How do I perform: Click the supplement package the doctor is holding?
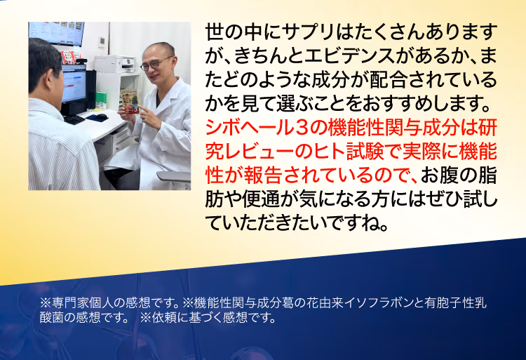130,101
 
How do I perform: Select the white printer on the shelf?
115,64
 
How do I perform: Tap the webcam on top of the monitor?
81,61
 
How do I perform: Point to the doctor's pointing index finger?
144,109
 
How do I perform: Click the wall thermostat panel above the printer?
102,41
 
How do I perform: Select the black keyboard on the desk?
74,119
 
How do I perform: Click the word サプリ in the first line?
308,32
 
